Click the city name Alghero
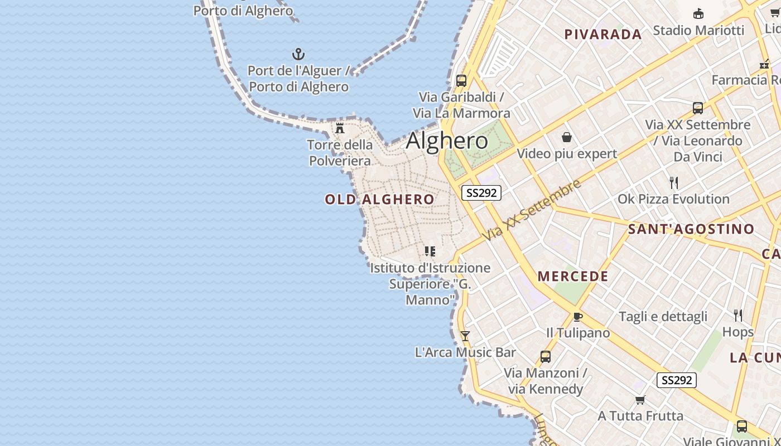coord(447,140)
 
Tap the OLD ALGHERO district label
coord(379,200)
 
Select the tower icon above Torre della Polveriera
coord(340,129)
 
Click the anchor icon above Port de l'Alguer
coord(298,54)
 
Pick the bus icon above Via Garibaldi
coord(461,80)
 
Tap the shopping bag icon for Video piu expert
coord(567,137)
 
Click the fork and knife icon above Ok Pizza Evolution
coord(673,182)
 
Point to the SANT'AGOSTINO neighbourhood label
coord(691,229)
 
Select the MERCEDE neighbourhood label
coord(573,277)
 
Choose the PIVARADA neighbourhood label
coord(603,35)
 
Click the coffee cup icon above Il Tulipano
coord(578,317)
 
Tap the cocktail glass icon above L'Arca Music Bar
coord(465,336)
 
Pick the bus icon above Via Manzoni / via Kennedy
coord(546,357)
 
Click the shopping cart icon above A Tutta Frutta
coord(640,400)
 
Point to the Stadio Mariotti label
coord(698,30)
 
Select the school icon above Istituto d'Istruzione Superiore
coord(430,251)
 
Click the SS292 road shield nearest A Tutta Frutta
coord(677,380)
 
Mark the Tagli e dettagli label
coord(663,317)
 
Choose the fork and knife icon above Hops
coord(738,316)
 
